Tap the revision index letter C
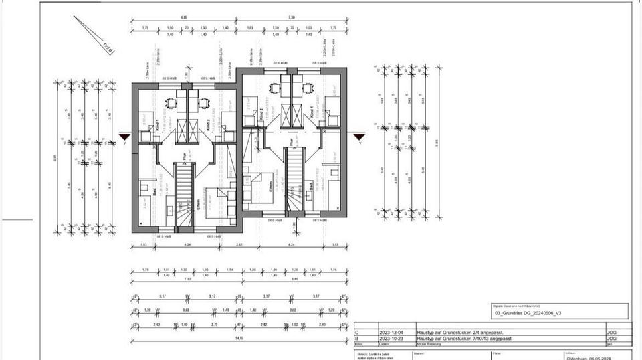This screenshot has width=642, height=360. click(357, 332)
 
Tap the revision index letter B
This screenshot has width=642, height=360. click(357, 339)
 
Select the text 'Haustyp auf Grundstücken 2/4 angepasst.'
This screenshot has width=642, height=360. click(461, 332)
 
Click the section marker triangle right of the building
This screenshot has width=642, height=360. click(360, 137)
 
